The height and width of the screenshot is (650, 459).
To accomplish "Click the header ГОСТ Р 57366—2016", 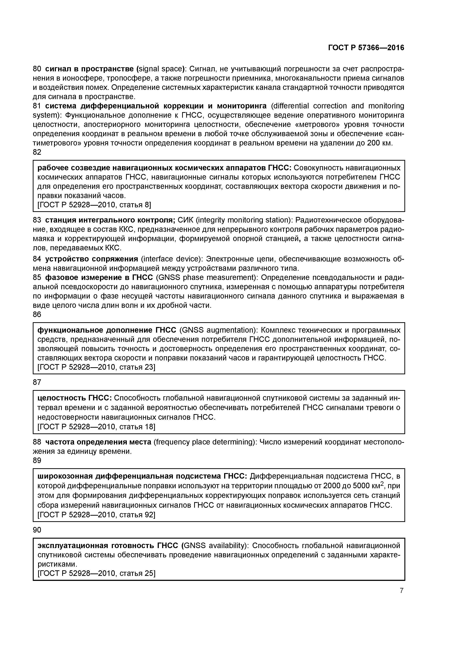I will [366, 48].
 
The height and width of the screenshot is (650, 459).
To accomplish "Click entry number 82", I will [37, 152].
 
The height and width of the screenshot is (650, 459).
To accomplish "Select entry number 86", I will [37, 314].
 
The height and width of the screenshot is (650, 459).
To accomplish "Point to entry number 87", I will [37, 382].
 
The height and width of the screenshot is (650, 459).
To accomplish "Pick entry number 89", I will [37, 461].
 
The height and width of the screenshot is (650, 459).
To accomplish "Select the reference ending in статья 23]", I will [96, 367].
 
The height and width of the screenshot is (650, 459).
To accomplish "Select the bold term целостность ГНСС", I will [75, 398].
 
